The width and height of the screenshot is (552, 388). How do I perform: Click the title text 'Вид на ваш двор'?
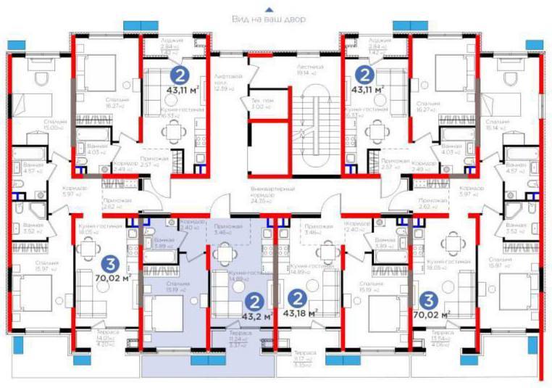(x=269, y=19)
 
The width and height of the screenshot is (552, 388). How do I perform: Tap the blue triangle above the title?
(x=269, y=9)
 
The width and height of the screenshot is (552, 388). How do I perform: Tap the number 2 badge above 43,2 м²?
(x=254, y=300)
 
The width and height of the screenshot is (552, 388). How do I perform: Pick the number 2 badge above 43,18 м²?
(x=297, y=297)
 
